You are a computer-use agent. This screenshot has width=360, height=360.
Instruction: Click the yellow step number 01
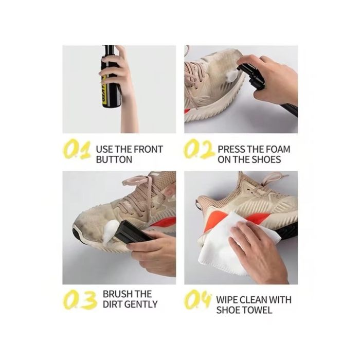(x=77, y=149)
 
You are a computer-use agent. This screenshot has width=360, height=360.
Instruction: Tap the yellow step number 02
(x=199, y=149)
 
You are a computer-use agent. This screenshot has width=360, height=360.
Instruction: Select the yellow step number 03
(x=79, y=299)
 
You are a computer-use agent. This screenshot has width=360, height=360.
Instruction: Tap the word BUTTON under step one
(x=114, y=159)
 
